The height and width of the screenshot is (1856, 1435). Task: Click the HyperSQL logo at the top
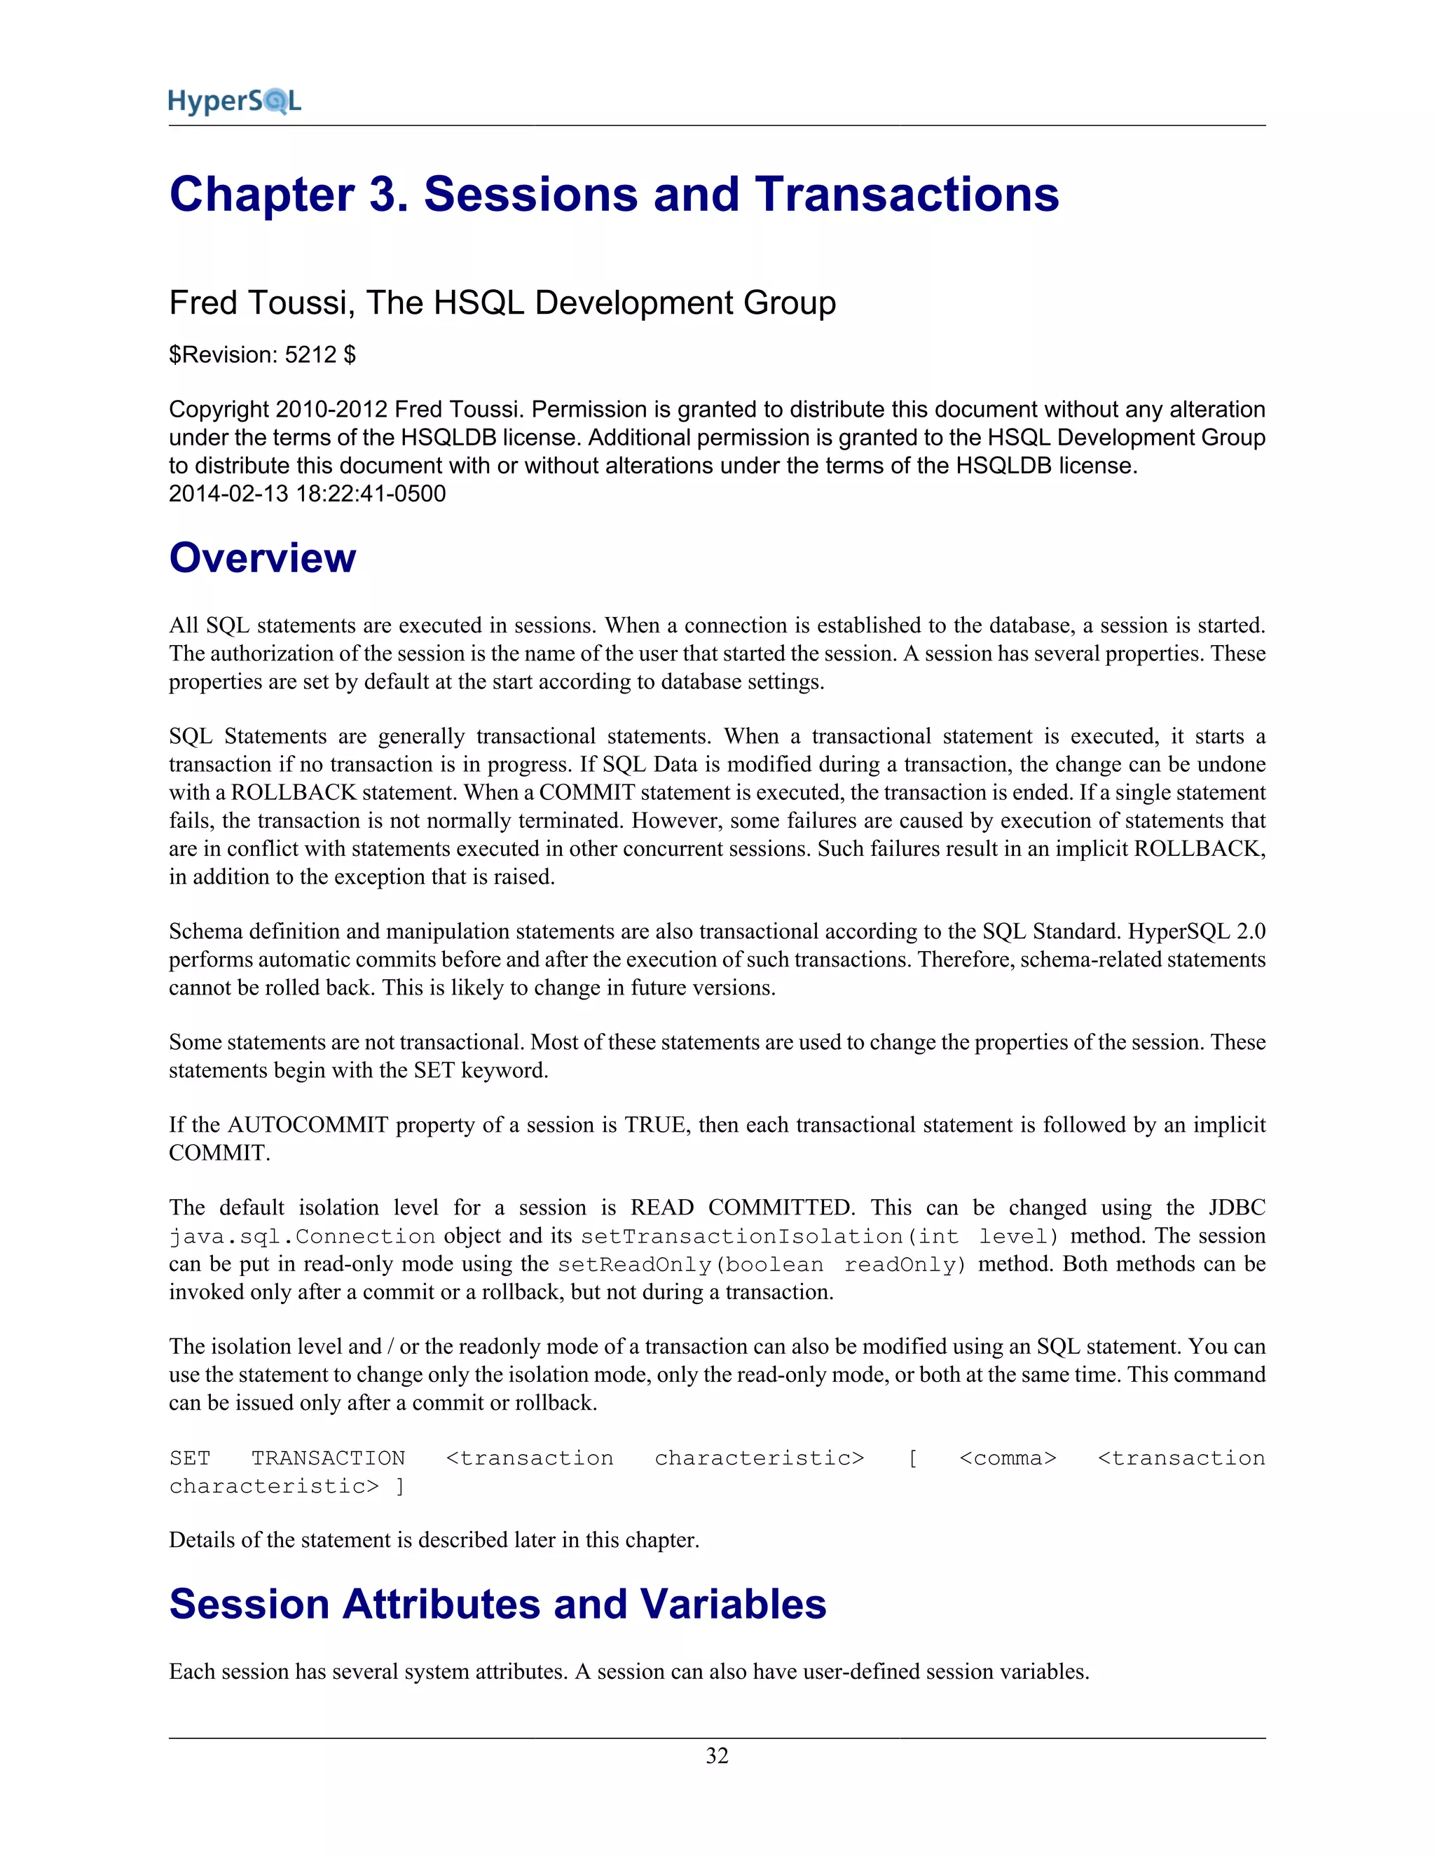[x=235, y=101]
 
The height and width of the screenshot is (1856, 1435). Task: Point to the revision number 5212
[x=310, y=355]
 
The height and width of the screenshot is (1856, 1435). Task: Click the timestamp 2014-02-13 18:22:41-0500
[x=307, y=494]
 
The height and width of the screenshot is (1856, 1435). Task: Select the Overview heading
[x=262, y=558]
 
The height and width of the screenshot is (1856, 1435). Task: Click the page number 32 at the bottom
[x=717, y=1756]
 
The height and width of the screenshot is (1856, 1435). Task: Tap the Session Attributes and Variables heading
[x=497, y=1605]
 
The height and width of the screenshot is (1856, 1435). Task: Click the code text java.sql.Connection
[x=302, y=1236]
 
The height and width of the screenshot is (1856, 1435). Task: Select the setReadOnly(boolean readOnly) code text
[x=762, y=1264]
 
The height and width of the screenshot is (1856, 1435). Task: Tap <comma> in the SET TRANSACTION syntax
[x=1008, y=1458]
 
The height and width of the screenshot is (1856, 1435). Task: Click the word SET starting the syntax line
[x=190, y=1458]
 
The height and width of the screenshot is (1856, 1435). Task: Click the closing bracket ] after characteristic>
[x=399, y=1486]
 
